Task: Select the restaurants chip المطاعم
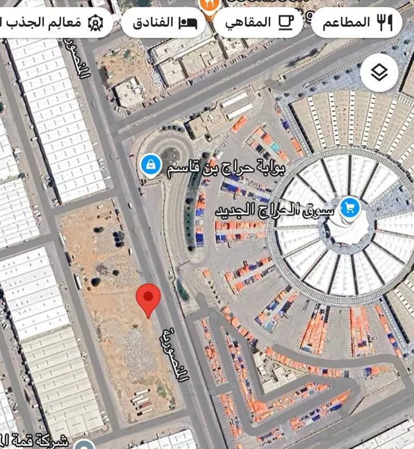pos(356,22)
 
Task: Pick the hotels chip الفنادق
pos(164,23)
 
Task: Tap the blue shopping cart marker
pos(350,208)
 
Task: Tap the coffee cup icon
pos(285,22)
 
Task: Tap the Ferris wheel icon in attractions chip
pos(95,23)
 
